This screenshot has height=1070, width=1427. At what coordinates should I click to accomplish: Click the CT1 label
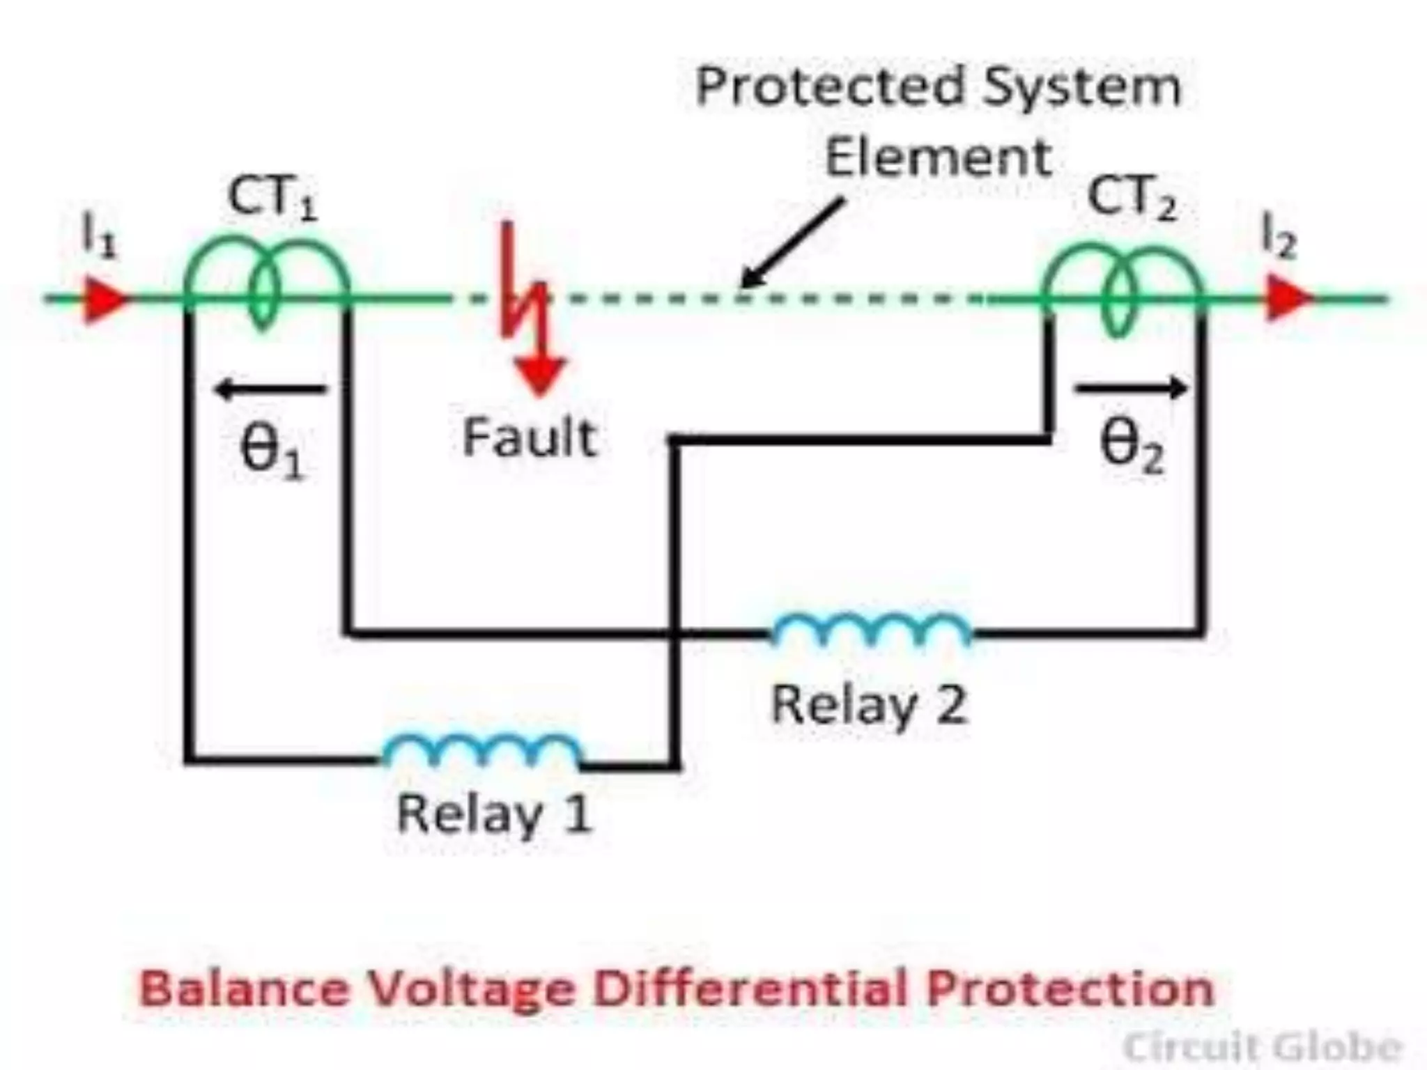272,199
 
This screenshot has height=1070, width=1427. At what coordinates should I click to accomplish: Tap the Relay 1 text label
494,814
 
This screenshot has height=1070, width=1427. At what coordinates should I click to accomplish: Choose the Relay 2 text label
869,705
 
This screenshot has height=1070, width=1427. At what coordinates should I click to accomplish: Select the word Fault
530,437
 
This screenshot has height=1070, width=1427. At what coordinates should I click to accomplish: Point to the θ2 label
1131,447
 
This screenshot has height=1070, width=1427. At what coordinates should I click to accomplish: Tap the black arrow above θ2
1130,387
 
